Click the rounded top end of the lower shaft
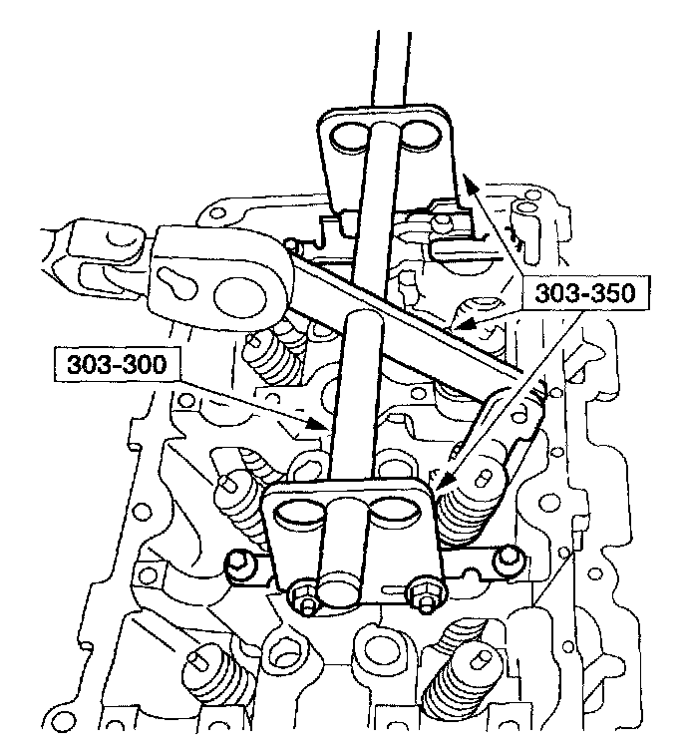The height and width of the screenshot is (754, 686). [361, 321]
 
